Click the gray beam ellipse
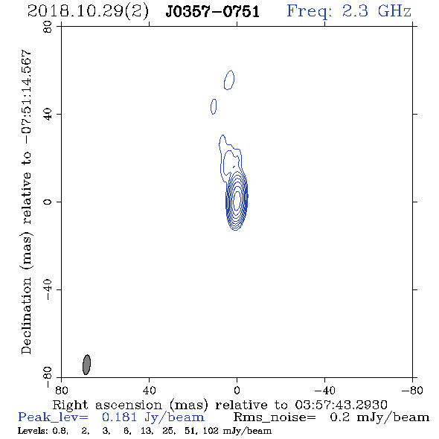pos(87,365)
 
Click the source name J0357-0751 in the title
pos(213,12)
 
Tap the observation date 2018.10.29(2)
pos(88,12)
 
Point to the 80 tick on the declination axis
pos(48,27)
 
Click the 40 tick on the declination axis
pos(48,115)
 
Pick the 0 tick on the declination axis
pos(48,202)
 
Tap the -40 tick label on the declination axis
pos(48,289)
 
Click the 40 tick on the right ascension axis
pos(149,390)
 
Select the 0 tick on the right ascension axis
pos(237,390)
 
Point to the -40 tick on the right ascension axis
pos(324,390)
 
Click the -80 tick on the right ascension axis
pos(412,390)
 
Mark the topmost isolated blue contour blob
pos(229,80)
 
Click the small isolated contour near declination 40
pos(214,106)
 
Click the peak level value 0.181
pos(119,417)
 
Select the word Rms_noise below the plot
pos(275,417)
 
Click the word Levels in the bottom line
pos(28,430)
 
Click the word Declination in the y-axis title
pos(26,315)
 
